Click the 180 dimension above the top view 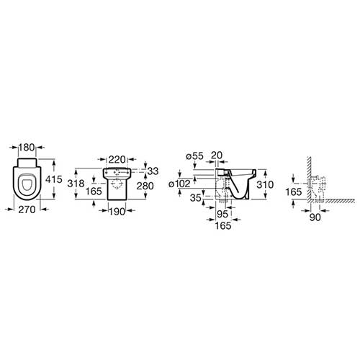coord(27,148)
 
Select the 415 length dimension coord(54,179)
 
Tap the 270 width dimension coord(27,210)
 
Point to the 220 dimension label coord(117,159)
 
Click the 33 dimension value coord(153,171)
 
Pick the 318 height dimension coord(76,184)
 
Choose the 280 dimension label coord(145,186)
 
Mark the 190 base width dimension coord(117,212)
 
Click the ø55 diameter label coord(194,156)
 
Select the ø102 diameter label coord(179,184)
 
